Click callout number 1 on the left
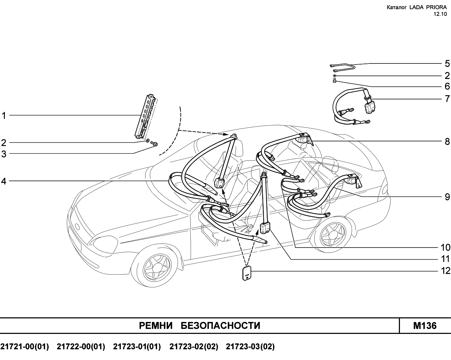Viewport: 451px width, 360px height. (x=4, y=116)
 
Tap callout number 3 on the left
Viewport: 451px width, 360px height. (x=4, y=154)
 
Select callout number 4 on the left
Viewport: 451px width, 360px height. (x=4, y=181)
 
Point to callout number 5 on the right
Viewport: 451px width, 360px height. (x=447, y=63)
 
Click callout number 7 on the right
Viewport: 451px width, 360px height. (x=447, y=99)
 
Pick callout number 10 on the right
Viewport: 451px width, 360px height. (x=445, y=248)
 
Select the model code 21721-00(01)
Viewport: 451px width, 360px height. (x=25, y=347)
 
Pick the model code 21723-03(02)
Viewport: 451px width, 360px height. (x=250, y=347)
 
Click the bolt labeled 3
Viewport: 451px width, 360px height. (x=154, y=144)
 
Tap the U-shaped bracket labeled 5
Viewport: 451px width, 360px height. (x=342, y=68)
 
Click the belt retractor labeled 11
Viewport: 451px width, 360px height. (x=265, y=228)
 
